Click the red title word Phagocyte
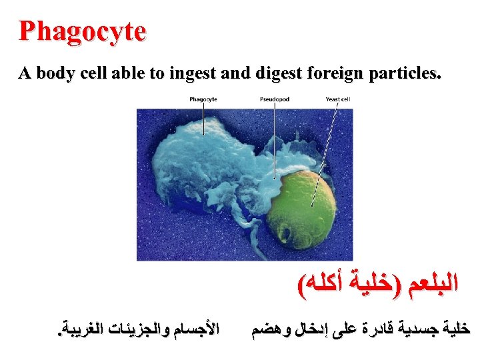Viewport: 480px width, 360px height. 82,31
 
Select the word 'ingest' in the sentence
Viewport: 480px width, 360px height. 196,74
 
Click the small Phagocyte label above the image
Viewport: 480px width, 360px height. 203,99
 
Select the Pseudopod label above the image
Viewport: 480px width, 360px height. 274,99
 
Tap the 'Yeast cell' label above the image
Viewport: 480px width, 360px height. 337,99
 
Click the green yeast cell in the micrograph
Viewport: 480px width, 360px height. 310,207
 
